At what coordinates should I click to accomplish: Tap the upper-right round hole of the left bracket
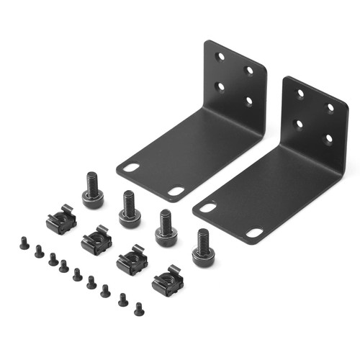(248, 70)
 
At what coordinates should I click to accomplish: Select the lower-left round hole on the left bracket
(220, 86)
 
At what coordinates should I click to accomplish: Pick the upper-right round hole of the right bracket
(330, 108)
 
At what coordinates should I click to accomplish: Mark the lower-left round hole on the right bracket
(300, 124)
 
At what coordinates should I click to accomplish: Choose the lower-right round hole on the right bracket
(328, 138)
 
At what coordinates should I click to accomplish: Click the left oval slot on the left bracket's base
(131, 167)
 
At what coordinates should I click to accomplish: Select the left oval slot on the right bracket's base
(207, 207)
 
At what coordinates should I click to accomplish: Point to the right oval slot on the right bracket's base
(254, 233)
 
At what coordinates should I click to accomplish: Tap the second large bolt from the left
(130, 210)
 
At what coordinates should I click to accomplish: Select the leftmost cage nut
(61, 220)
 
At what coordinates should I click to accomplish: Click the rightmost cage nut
(167, 281)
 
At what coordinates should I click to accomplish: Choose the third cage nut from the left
(132, 261)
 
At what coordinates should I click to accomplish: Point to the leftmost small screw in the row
(24, 245)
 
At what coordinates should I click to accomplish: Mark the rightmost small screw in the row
(139, 309)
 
